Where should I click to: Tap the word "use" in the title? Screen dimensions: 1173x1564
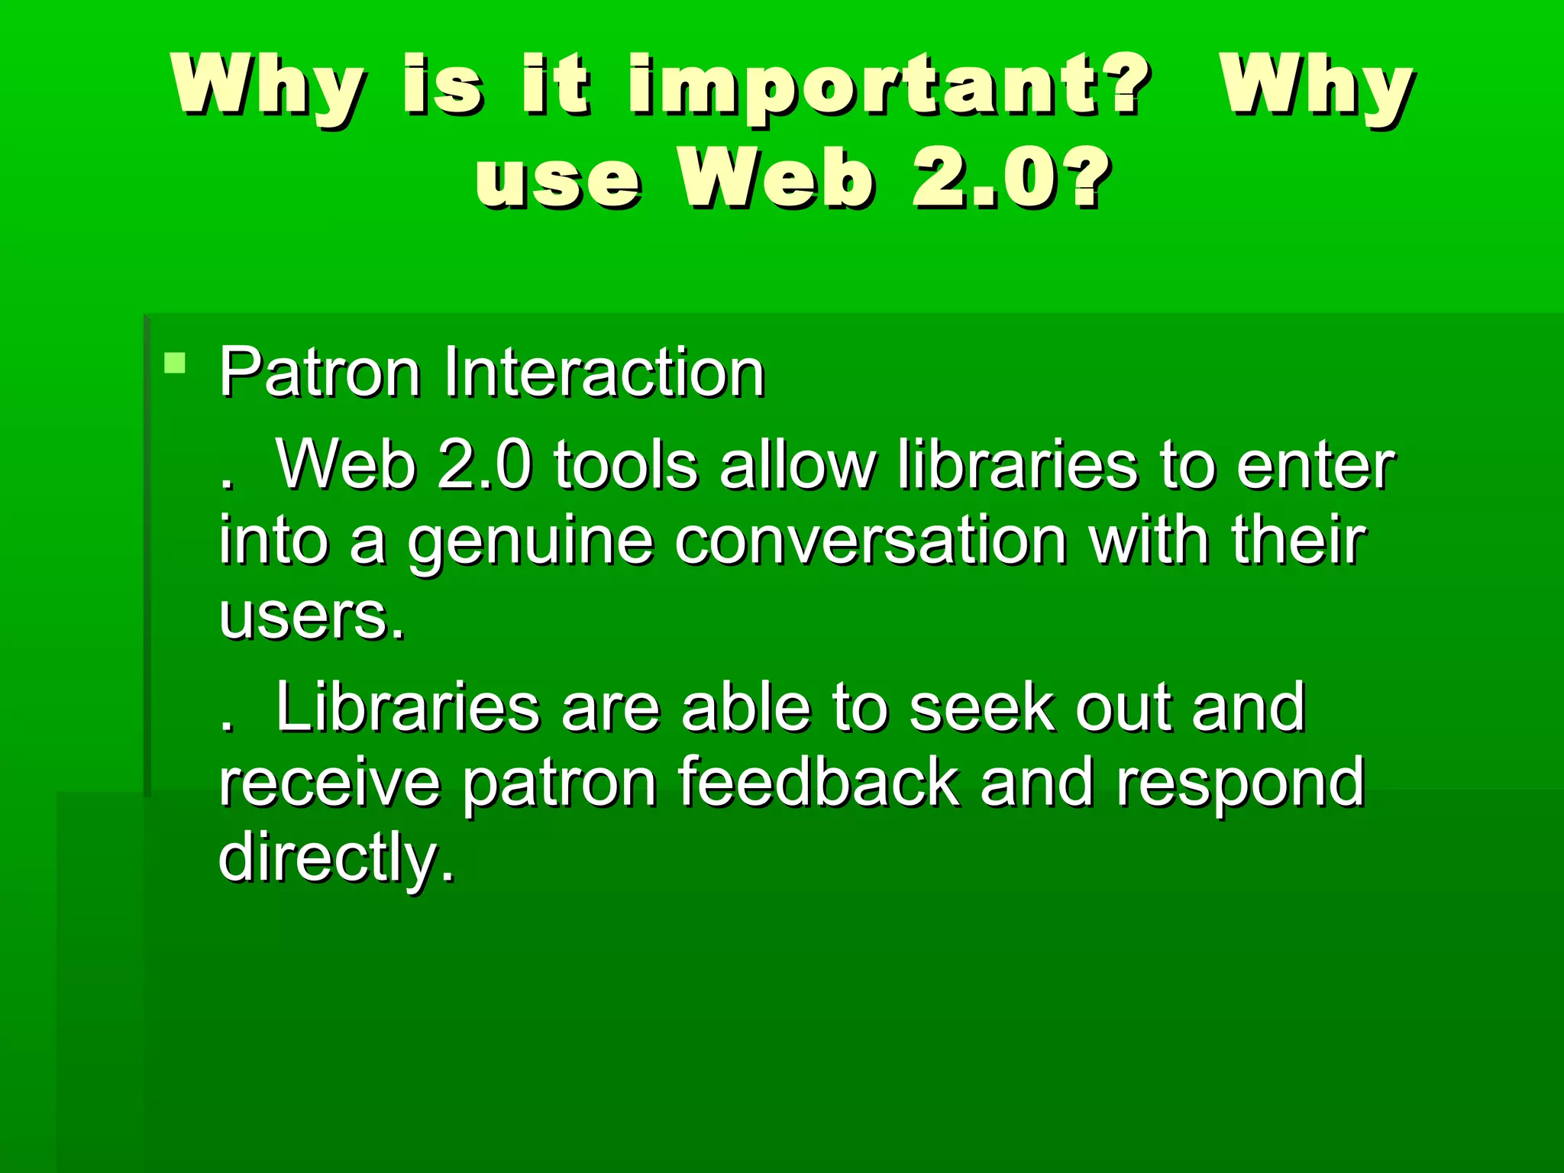click(x=558, y=179)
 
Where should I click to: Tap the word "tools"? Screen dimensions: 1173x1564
click(x=625, y=465)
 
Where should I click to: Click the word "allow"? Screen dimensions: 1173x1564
click(x=797, y=465)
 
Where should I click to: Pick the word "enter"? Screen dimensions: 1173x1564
click(x=1316, y=465)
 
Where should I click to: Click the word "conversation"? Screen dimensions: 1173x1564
click(x=871, y=541)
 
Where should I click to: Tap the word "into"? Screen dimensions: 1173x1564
click(x=273, y=541)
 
